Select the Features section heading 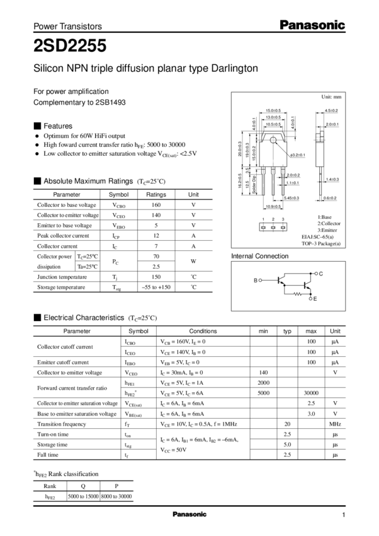(58, 125)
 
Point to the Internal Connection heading (260, 257)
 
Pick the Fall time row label (50, 453)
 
